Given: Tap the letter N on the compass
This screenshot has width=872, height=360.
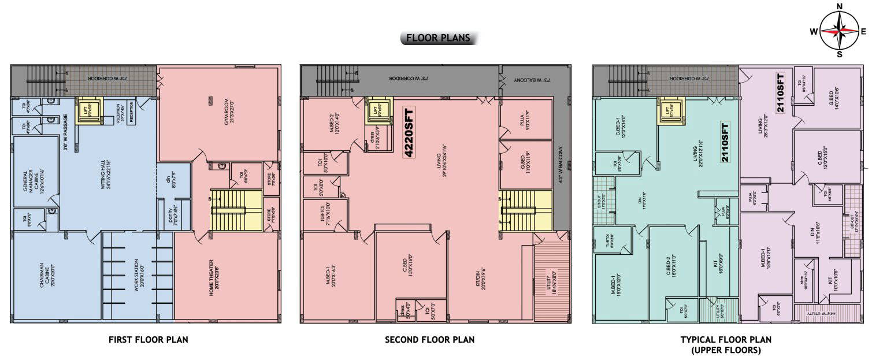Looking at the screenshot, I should click(840, 6).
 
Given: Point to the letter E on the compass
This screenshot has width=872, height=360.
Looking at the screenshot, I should click(863, 32).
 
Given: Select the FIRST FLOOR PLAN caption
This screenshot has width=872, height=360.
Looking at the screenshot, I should click(148, 340).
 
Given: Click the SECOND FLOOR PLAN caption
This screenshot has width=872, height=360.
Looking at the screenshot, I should click(429, 340).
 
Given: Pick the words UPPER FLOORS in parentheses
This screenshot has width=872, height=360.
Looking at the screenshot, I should click(726, 350).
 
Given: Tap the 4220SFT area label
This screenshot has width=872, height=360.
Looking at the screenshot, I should click(408, 133).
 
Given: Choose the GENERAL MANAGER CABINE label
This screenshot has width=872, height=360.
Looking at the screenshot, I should click(32, 180).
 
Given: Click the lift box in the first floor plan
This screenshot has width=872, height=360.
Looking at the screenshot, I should click(90, 110).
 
